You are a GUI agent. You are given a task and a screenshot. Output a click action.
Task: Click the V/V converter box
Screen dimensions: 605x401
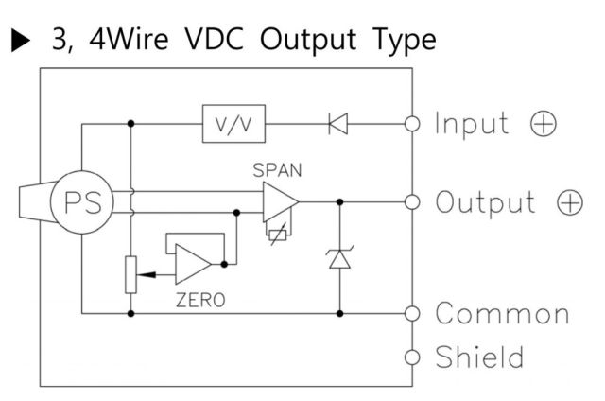(233, 124)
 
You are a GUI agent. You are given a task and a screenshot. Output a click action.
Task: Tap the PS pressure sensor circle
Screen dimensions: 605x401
(82, 201)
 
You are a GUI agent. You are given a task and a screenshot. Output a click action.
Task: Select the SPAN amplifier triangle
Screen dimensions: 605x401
(281, 201)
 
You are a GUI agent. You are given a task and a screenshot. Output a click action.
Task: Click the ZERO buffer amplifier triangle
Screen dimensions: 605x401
(193, 265)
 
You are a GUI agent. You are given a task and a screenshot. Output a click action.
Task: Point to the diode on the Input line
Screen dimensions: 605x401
(338, 124)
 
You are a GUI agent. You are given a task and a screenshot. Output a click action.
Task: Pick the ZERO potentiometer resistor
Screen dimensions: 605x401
(131, 275)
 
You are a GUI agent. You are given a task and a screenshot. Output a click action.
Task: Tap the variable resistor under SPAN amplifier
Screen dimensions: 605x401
(278, 235)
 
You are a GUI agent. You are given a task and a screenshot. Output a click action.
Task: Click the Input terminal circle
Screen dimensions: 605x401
(412, 124)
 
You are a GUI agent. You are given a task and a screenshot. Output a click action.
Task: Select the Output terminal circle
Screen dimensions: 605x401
(412, 201)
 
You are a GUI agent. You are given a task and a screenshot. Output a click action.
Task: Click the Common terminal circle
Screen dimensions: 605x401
(412, 313)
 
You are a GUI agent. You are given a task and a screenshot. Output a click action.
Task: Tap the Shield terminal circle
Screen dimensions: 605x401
(412, 357)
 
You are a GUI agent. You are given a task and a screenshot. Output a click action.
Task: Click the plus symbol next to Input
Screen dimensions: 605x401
(544, 124)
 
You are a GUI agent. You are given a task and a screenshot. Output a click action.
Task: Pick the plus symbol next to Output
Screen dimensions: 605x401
(570, 202)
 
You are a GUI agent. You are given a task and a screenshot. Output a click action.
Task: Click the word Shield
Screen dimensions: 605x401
(479, 357)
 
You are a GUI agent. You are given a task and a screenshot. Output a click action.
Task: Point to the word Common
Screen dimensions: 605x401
(502, 313)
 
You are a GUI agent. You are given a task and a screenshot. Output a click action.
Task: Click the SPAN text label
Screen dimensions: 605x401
(277, 170)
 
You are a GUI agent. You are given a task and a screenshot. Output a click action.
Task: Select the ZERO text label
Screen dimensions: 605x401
(200, 300)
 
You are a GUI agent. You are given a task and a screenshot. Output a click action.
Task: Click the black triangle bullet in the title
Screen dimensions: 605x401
(21, 40)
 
